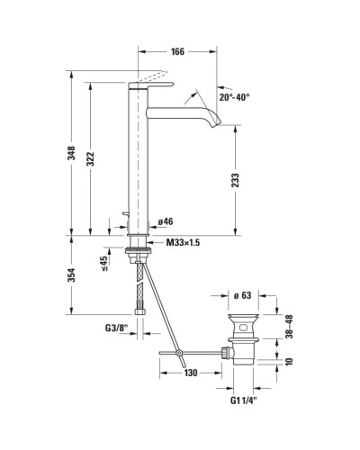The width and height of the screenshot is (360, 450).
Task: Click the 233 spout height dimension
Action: coord(236,180)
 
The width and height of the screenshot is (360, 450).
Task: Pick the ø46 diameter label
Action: coord(165,220)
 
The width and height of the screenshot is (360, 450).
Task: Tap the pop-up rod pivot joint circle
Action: coord(180,350)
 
